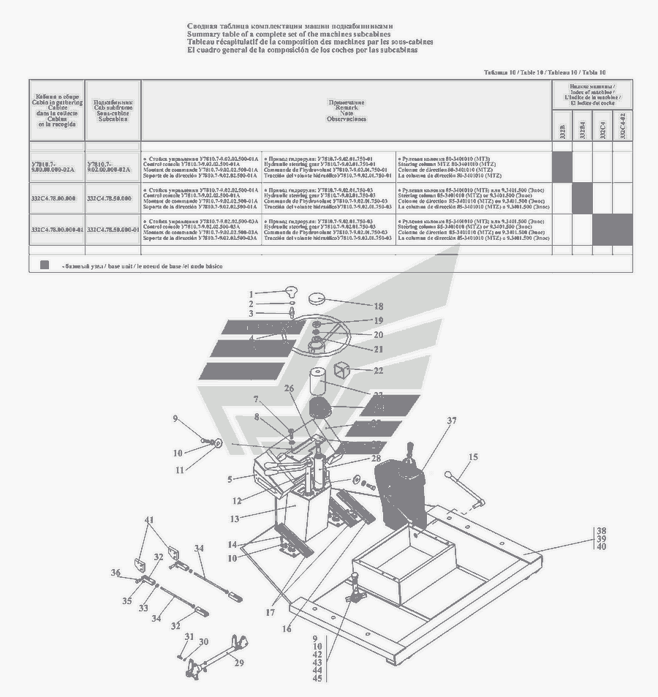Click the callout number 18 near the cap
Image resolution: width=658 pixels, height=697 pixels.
click(x=378, y=306)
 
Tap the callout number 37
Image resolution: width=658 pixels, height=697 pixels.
click(x=452, y=421)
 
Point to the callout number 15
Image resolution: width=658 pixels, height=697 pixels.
click(x=473, y=457)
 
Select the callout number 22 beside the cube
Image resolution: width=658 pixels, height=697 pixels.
click(x=378, y=371)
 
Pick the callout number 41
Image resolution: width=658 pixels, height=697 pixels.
click(x=149, y=520)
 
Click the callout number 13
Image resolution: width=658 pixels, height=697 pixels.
click(x=235, y=519)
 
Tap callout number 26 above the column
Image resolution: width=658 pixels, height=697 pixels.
click(x=289, y=388)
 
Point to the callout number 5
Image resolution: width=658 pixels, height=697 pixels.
click(x=229, y=480)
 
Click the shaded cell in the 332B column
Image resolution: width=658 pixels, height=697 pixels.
click(x=561, y=167)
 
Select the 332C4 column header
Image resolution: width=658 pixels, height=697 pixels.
click(x=602, y=130)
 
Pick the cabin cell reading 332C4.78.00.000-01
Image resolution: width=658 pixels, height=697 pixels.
click(x=57, y=230)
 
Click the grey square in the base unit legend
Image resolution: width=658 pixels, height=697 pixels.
click(x=45, y=265)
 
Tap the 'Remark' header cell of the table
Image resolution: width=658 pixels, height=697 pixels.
click(x=346, y=110)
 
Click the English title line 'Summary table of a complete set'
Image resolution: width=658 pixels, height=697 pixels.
click(x=289, y=34)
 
